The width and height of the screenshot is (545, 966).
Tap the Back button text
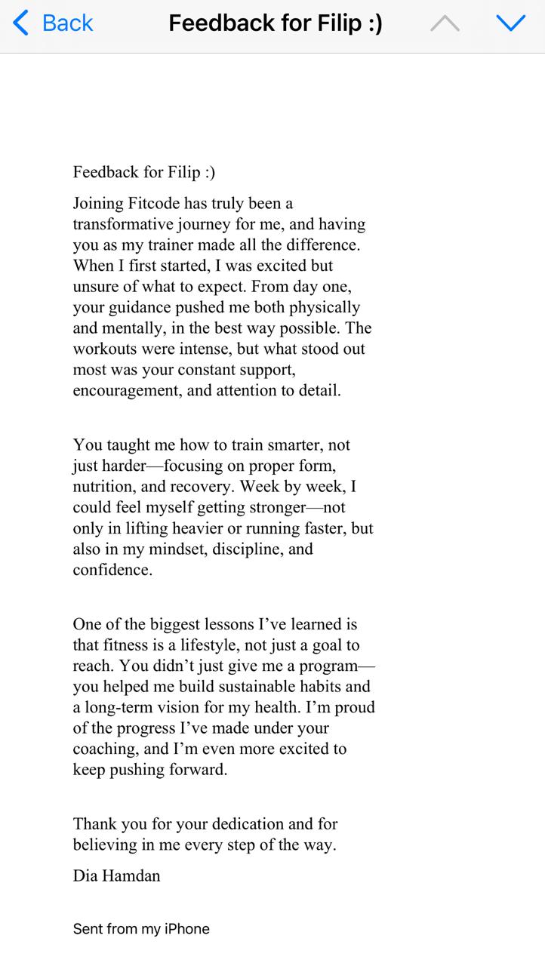point(67,23)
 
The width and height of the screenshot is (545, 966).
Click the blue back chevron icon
point(21,23)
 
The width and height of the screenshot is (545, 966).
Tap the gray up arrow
point(445,24)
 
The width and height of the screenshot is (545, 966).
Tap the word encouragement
point(122,391)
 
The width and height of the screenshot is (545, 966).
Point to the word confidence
point(112,571)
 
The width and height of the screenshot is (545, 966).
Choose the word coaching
point(104,749)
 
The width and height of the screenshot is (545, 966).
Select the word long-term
point(119,708)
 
